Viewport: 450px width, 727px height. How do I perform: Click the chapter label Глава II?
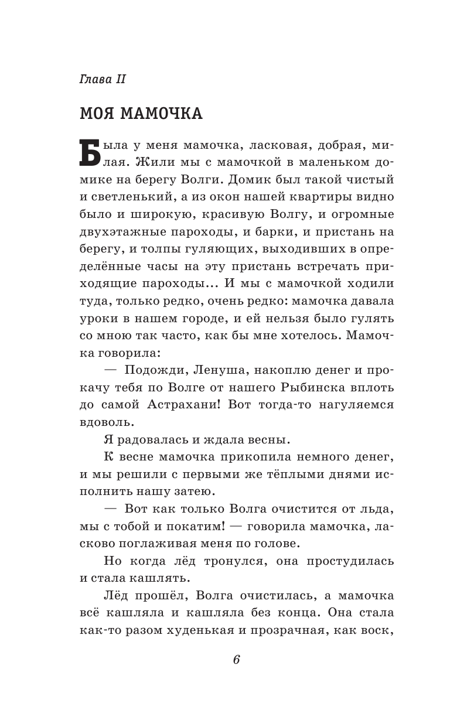click(103, 79)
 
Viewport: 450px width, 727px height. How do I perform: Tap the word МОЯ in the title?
click(97, 114)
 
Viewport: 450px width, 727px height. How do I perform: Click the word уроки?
click(97, 319)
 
